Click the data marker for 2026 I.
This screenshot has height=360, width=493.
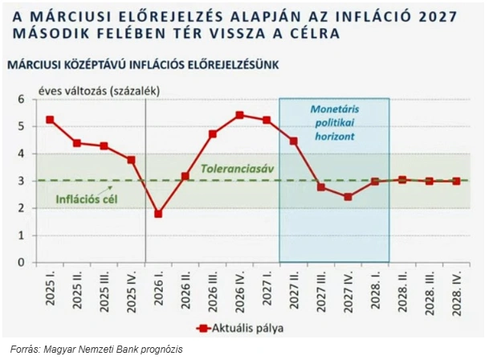pyautogui.click(x=158, y=214)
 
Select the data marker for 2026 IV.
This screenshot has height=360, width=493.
pyautogui.click(x=239, y=115)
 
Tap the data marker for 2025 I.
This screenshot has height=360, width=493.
pyautogui.click(x=50, y=120)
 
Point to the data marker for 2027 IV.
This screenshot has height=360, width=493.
pyautogui.click(x=348, y=197)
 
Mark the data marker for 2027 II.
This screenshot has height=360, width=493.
pyautogui.click(x=294, y=141)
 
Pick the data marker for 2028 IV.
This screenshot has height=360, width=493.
pyautogui.click(x=457, y=181)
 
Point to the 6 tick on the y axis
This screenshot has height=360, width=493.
pyautogui.click(x=23, y=99)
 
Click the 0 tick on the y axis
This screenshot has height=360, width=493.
pyautogui.click(x=23, y=263)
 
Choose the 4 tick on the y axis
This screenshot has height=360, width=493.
pyautogui.click(x=23, y=153)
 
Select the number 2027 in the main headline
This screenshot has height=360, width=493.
pyautogui.click(x=430, y=16)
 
